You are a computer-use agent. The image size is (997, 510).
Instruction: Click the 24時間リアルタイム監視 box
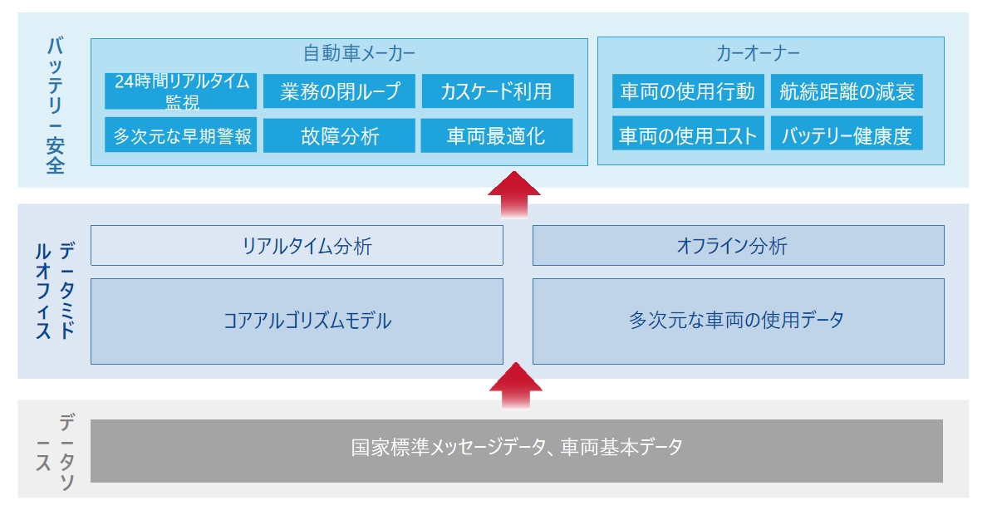[181, 91]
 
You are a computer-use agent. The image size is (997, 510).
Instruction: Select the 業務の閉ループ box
[339, 91]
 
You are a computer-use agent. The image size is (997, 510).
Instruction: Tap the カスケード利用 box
[498, 91]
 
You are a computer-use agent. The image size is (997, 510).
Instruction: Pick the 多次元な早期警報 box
[181, 135]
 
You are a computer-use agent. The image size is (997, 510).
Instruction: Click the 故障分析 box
[339, 135]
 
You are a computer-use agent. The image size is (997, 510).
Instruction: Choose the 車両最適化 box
[497, 135]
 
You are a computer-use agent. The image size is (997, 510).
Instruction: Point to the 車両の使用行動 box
[688, 91]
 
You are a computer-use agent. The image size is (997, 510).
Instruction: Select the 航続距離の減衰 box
[847, 91]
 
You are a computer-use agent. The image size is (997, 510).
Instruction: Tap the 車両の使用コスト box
[688, 134]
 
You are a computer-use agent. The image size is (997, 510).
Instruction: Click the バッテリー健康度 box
[847, 134]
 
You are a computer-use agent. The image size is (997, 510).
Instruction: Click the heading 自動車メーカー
[359, 53]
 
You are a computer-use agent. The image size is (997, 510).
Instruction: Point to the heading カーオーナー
[758, 53]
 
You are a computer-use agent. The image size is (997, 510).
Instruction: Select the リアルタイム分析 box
[297, 245]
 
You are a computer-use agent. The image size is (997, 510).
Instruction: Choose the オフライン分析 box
[739, 245]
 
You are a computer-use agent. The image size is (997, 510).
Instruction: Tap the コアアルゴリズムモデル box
[297, 321]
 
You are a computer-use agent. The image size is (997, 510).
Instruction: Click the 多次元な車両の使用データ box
[739, 321]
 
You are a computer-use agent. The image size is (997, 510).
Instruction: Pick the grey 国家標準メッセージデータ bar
[517, 451]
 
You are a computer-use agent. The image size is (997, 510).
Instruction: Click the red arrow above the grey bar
[516, 385]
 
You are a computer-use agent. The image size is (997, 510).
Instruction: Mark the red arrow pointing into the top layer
[514, 195]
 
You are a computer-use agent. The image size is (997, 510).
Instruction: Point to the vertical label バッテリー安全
[56, 106]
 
